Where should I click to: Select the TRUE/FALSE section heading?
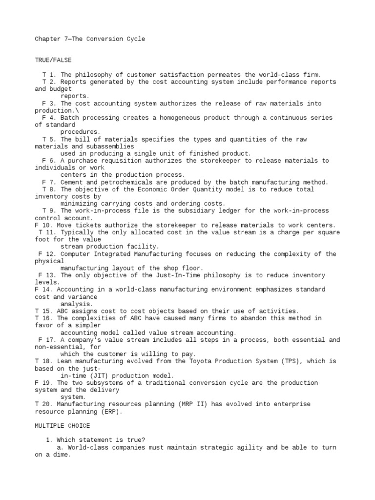pyautogui.click(x=53, y=60)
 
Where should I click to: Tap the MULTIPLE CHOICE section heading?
pyautogui.click(x=62, y=426)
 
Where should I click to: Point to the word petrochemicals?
pyautogui.click(x=129, y=182)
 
